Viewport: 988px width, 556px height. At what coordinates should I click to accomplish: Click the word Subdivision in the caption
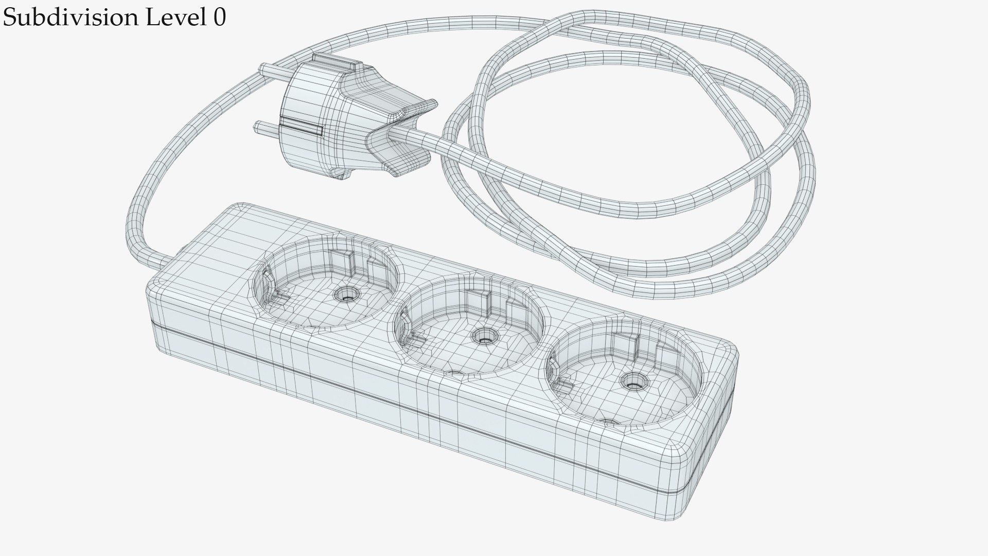click(70, 18)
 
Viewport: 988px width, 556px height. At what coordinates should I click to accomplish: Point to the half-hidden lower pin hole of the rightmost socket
click(609, 422)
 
